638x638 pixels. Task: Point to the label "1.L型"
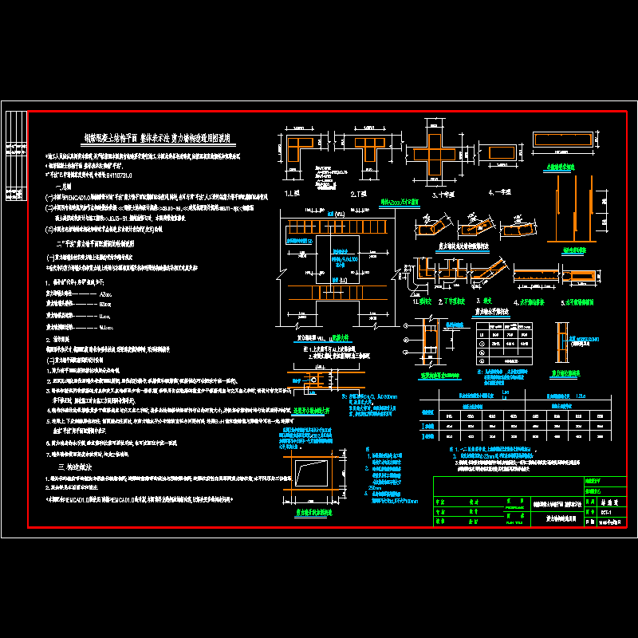(292, 193)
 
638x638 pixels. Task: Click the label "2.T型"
(357, 193)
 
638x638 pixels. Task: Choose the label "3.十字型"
(443, 193)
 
